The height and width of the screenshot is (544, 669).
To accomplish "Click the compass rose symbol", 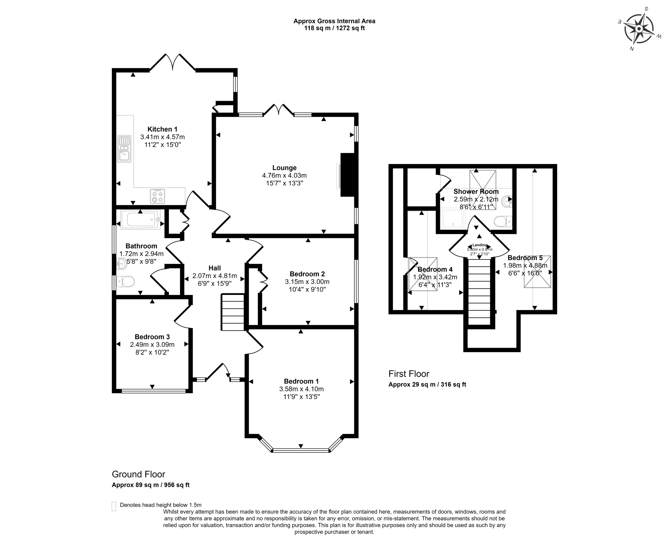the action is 639,29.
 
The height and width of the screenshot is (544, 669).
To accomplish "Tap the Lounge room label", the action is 284,168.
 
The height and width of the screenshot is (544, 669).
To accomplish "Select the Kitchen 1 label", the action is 163,129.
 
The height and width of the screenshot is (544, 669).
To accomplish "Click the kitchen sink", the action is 124,149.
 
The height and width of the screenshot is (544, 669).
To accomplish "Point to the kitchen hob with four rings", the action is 157,196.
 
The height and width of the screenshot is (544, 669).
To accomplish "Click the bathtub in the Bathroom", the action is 140,219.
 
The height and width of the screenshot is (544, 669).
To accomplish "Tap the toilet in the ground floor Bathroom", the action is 125,281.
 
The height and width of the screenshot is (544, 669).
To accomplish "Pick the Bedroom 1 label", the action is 301,381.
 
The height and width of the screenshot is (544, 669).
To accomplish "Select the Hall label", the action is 215,268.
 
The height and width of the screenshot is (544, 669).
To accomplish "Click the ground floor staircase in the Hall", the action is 233,312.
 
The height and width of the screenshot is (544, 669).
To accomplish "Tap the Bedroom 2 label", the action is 307,274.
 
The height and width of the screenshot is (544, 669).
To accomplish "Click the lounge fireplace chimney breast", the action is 348,175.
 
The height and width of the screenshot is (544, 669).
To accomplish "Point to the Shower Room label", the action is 476,191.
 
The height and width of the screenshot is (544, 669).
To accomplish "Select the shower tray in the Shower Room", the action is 453,218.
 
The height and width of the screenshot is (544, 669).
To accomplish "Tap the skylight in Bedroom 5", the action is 537,272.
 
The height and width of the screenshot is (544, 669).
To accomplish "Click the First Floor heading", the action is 409,374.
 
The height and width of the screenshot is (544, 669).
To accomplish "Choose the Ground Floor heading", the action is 138,474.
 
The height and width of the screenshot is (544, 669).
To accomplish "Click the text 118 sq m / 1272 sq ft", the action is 334,28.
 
